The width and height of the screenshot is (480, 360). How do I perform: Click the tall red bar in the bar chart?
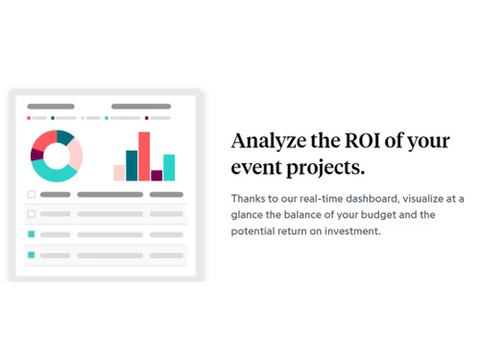pyautogui.click(x=144, y=156)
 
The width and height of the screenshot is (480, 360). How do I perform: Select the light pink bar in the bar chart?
pyautogui.click(x=119, y=173)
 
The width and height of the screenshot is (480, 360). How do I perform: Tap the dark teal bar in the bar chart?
pyautogui.click(x=132, y=165)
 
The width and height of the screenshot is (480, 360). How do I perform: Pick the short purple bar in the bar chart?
pyautogui.click(x=156, y=176)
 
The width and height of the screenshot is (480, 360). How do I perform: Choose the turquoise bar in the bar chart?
pyautogui.click(x=169, y=167)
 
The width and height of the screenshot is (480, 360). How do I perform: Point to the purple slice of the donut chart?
pyautogui.click(x=36, y=156)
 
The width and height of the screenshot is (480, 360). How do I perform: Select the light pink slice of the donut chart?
pyautogui.click(x=75, y=153)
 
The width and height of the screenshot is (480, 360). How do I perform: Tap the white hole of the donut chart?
pyautogui.click(x=57, y=156)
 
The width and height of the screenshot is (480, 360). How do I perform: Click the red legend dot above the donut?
pyautogui.click(x=30, y=118)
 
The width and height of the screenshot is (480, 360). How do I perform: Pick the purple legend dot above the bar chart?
pyautogui.click(x=146, y=118)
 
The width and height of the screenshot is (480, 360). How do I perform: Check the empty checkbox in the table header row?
pyautogui.click(x=31, y=194)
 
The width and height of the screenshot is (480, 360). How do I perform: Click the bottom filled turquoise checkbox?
pyautogui.click(x=31, y=254)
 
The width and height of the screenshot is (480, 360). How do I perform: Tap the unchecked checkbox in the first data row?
pyautogui.click(x=31, y=214)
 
